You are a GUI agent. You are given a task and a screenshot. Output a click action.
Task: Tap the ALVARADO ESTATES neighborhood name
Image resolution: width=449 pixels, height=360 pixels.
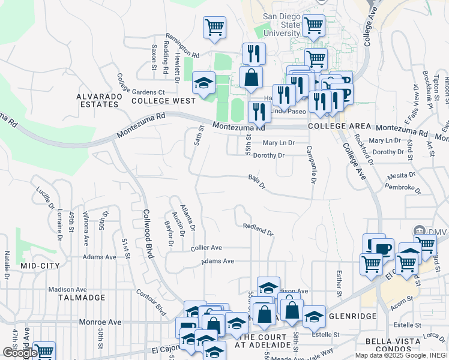click(x=98, y=100)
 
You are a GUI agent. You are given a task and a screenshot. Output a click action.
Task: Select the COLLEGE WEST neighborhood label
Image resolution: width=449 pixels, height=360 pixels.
click(x=160, y=101)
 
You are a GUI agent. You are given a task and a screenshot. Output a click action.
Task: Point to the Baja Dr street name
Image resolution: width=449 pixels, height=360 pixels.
click(x=257, y=181)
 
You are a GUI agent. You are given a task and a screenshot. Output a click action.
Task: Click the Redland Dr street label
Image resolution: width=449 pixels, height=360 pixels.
click(x=258, y=229)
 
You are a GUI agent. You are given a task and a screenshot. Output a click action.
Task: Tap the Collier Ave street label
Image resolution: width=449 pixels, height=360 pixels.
click(x=206, y=247)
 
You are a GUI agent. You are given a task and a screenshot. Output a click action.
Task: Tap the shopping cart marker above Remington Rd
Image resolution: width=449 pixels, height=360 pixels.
click(x=214, y=28)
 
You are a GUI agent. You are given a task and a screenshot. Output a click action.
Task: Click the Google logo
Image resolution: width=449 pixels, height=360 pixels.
click(x=20, y=353)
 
